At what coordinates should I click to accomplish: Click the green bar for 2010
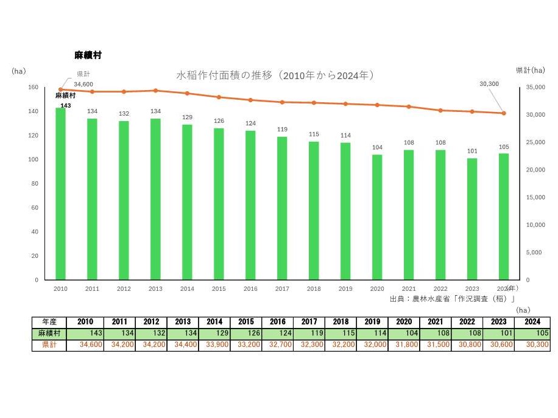point(60,193)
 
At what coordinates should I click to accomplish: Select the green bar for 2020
point(377,217)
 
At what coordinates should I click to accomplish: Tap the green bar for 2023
point(472,219)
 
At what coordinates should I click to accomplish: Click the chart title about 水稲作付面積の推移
point(274,75)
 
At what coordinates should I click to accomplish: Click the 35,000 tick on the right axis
point(535,88)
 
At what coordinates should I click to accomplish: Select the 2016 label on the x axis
point(250,289)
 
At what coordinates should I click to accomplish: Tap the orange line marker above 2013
point(155,91)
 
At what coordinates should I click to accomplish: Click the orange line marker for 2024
point(504,113)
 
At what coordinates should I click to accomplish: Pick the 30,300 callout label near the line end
point(489,84)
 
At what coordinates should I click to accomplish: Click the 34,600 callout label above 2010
point(83,84)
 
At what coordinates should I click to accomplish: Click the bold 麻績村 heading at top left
point(88,55)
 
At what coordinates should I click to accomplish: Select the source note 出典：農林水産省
point(453,299)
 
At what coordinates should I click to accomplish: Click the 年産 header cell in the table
point(50,322)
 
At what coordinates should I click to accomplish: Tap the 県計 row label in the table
point(50,345)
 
